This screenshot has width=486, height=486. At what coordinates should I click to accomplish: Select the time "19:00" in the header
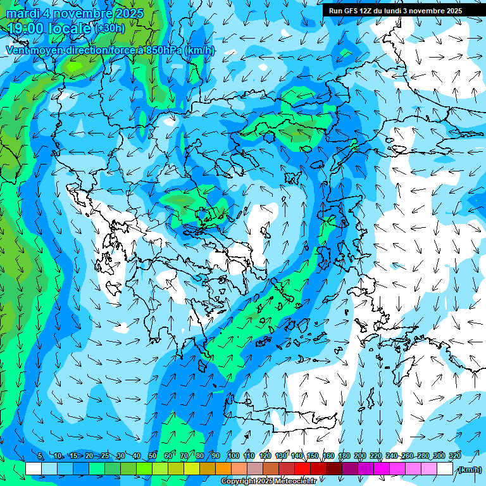[x=29, y=28]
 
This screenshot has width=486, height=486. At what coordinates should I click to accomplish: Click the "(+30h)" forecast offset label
[x=110, y=28]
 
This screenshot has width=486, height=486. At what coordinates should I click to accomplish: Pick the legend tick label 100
[x=233, y=456]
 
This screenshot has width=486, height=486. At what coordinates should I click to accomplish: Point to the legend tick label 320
[x=454, y=456]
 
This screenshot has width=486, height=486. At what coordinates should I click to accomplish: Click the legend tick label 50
[x=153, y=456]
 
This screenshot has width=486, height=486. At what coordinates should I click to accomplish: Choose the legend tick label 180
[x=344, y=456]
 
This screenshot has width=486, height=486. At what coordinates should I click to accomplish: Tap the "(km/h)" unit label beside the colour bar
[x=469, y=470]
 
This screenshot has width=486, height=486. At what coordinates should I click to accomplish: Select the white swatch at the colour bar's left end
[x=34, y=469]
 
